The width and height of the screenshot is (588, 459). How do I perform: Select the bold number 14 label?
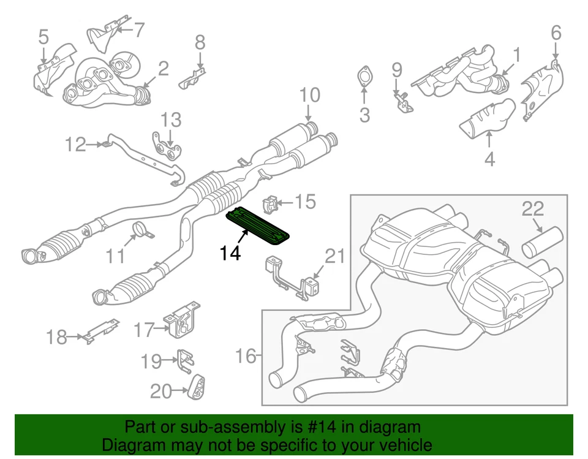point(230,252)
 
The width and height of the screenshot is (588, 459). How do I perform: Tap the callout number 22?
point(533,209)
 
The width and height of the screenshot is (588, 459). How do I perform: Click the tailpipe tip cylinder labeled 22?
point(543,242)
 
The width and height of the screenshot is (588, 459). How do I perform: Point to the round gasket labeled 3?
point(364,77)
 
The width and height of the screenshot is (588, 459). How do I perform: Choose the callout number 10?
point(310,96)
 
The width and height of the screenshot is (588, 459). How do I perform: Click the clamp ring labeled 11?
point(143,232)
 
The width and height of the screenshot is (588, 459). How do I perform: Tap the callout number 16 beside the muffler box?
point(246,356)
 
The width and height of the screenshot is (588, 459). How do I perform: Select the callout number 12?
point(77,145)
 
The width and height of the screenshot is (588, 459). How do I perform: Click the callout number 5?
point(43,37)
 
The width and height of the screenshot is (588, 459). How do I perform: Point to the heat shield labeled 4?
point(488,119)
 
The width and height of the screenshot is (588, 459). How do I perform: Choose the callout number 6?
point(556,32)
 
